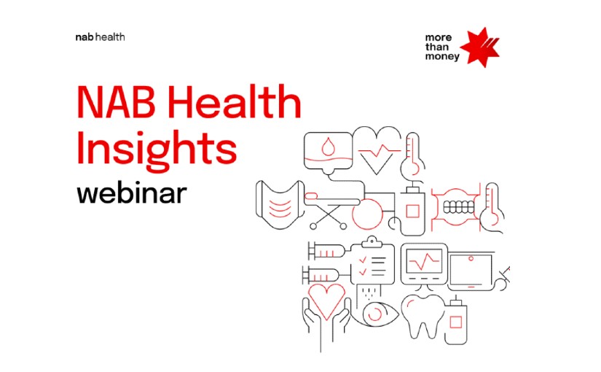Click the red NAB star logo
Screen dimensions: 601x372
point(480,47)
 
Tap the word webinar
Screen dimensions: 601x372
point(132,193)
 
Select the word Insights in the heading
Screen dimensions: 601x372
point(157,149)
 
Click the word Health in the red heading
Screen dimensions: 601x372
point(235,101)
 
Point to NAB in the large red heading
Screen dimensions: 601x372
point(116,102)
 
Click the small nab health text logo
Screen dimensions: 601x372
point(100,37)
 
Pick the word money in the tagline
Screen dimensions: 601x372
point(442,57)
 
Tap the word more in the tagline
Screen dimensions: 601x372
point(438,38)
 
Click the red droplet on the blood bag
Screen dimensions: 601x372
point(327,147)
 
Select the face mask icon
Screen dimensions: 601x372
point(280,205)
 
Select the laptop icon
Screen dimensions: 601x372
point(471,271)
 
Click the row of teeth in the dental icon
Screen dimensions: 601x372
point(459,208)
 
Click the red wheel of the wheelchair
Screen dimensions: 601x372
point(367,214)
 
